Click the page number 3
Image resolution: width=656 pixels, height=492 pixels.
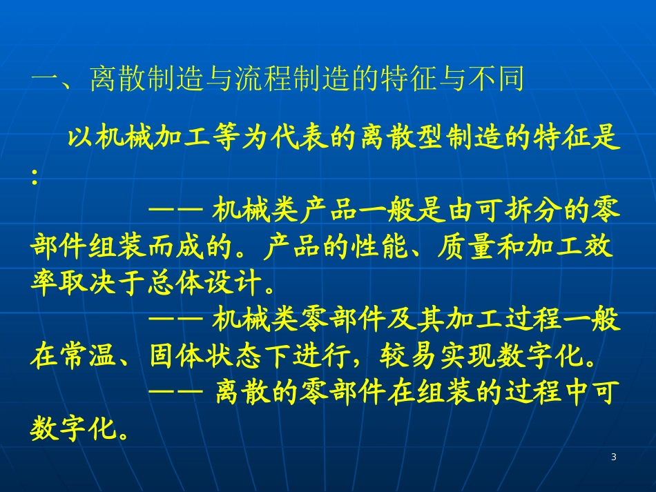[614, 457]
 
